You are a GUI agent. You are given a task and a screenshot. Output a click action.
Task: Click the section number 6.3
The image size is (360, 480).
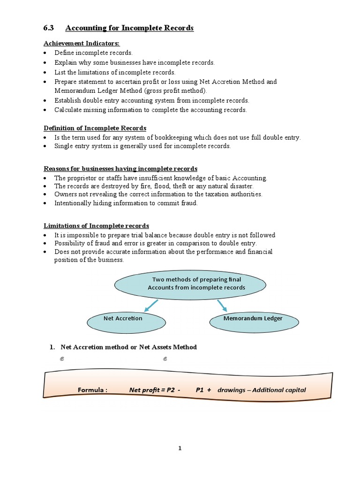pos(49,28)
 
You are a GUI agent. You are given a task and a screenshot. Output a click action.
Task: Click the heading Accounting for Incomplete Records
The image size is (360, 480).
pos(129,28)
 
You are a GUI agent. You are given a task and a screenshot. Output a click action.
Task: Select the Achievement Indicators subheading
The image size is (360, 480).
pos(82,43)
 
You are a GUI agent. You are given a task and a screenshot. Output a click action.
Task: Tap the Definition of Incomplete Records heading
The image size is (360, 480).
pos(95,128)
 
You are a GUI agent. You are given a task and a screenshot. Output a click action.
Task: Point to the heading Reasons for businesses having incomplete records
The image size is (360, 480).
pos(120,168)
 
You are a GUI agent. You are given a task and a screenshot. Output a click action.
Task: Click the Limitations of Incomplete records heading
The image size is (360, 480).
pos(97,225)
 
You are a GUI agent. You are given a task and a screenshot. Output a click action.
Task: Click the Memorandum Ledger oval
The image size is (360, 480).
pos(253,319)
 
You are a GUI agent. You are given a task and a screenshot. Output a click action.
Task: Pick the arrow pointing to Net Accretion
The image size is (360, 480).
pos(151,306)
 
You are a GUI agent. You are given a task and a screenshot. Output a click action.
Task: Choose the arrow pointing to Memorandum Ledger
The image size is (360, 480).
pos(222,306)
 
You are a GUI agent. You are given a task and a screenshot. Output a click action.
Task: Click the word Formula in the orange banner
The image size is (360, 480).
pos(92,390)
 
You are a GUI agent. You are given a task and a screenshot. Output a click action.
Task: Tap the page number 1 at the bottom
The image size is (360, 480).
pos(180,448)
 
